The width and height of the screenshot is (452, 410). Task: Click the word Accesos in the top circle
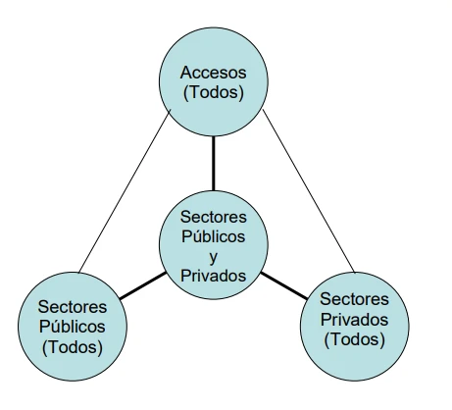tap(213, 73)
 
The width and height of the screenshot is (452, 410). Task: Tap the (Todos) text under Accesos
tap(214, 92)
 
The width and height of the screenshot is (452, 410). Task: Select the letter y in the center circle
tap(213, 257)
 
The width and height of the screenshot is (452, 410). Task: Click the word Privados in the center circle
tap(213, 276)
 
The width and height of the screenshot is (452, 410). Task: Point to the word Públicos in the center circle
tap(213, 236)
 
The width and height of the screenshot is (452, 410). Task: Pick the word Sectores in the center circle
tap(213, 217)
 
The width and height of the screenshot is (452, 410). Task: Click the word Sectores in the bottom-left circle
tap(73, 307)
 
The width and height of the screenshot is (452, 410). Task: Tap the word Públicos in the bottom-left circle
tap(73, 327)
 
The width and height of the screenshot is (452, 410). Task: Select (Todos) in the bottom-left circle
tap(73, 346)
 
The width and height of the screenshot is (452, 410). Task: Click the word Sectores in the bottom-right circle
tap(354, 299)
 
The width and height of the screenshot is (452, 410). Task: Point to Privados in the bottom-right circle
tap(354, 320)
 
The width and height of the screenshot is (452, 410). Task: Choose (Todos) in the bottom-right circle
tap(354, 339)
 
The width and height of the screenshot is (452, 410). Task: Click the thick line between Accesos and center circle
tap(214, 164)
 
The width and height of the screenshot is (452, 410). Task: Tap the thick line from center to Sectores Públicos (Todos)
tap(143, 285)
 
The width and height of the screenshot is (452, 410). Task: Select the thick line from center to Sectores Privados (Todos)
tap(284, 285)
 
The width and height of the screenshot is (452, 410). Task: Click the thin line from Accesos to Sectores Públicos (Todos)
tap(125, 191)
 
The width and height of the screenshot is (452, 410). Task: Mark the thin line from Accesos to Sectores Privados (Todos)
tap(309, 191)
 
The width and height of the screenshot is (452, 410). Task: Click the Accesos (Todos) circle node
tap(214, 81)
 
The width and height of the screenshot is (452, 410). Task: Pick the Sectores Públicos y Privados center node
tap(214, 245)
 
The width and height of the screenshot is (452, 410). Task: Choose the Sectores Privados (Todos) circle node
tap(355, 327)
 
